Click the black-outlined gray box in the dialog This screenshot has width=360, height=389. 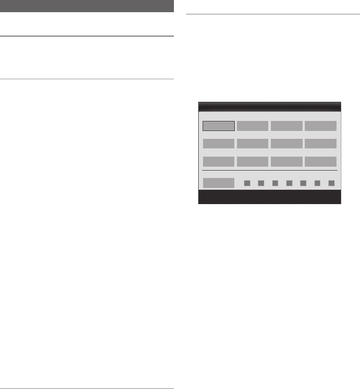click(x=219, y=126)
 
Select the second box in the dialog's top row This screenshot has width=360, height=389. click(x=253, y=126)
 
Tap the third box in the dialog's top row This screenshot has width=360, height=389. click(x=287, y=126)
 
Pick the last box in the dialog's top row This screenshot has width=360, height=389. click(x=320, y=126)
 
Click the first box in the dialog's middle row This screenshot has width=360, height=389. click(x=219, y=144)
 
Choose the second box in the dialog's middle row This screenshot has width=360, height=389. click(x=253, y=144)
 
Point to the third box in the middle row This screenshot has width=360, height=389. click(x=287, y=144)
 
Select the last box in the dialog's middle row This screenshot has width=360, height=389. click(x=320, y=144)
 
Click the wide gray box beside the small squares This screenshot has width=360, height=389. click(x=219, y=183)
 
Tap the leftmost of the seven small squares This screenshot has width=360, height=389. click(x=247, y=183)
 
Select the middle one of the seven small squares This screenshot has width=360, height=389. click(x=289, y=183)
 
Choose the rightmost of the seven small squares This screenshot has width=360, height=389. click(x=331, y=183)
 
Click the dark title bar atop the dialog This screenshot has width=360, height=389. click(x=270, y=107)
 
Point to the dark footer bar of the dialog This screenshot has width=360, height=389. click(x=270, y=197)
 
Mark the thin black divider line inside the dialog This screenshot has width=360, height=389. click(x=270, y=170)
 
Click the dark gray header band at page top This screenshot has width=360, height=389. click(x=87, y=7)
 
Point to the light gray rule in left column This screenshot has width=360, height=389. click(x=87, y=79)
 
